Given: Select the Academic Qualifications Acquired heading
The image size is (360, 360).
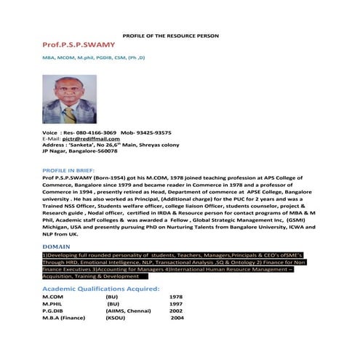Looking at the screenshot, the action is click(x=101, y=289).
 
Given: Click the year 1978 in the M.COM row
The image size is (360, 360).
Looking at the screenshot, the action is click(x=175, y=297).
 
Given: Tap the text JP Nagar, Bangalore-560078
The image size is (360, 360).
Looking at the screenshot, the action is click(x=79, y=153).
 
